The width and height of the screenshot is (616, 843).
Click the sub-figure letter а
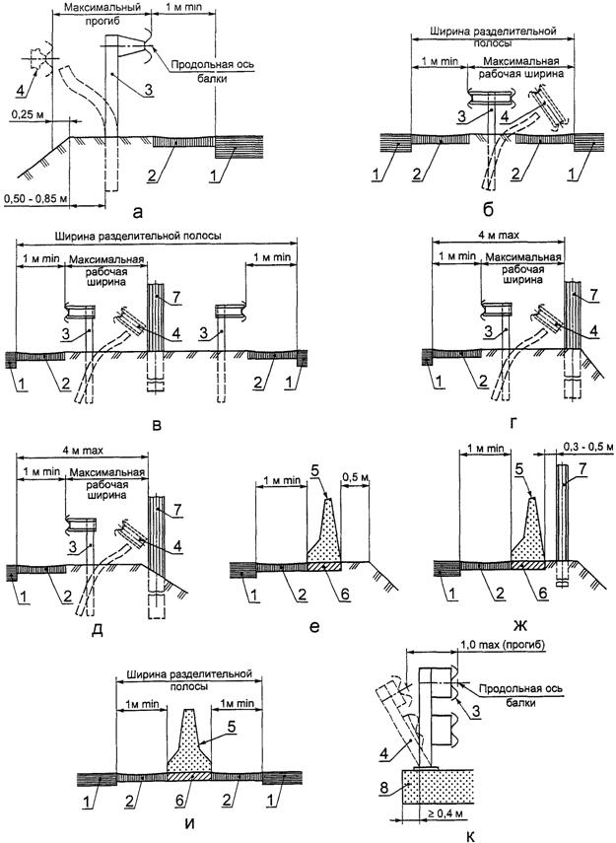(x=139, y=212)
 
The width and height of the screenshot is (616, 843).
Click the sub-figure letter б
(x=488, y=210)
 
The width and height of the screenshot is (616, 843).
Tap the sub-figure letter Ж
(x=519, y=626)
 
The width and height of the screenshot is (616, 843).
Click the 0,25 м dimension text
(x=25, y=114)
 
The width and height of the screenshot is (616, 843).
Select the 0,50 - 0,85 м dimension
(x=34, y=199)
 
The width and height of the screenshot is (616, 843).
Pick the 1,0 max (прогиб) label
(x=503, y=644)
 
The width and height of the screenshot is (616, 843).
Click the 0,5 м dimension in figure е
(x=356, y=477)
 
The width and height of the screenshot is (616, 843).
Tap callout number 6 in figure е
(x=345, y=594)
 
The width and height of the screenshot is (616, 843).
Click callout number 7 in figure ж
(x=582, y=470)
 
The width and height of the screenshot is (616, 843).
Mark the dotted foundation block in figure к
(x=438, y=786)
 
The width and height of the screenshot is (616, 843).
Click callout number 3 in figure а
(x=149, y=90)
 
